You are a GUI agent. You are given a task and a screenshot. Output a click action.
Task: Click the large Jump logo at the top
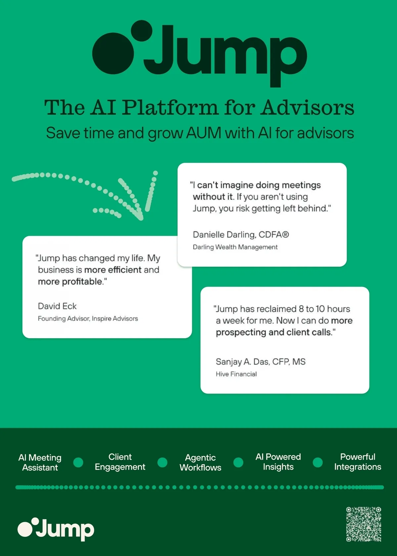(199, 53)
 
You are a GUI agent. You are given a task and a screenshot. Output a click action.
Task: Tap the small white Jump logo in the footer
(56, 529)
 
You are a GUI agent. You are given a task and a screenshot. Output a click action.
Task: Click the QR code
(364, 524)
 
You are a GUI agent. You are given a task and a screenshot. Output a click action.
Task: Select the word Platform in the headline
(170, 108)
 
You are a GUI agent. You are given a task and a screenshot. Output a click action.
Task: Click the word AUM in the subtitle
(203, 133)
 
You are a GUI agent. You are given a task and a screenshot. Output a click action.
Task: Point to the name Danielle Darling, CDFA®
(241, 235)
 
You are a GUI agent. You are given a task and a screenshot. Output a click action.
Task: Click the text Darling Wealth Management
(235, 247)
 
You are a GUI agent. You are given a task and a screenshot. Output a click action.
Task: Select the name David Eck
(57, 306)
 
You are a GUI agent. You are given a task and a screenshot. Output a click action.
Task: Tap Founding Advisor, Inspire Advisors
(88, 319)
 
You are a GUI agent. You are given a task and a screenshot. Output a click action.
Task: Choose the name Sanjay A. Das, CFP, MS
(260, 362)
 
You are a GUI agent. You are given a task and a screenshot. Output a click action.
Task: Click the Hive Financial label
(236, 374)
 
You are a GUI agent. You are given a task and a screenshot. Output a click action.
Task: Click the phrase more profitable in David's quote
(70, 282)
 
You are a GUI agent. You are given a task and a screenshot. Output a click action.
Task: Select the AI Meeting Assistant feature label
(40, 462)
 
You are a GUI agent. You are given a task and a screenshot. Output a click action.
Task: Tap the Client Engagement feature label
(120, 462)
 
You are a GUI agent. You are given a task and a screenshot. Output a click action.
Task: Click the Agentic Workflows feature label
(200, 462)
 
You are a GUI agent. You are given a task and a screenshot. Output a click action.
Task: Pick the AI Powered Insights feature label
(278, 462)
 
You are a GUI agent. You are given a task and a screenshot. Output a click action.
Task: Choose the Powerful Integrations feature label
(358, 462)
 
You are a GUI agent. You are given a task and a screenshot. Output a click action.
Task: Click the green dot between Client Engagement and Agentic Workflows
(162, 462)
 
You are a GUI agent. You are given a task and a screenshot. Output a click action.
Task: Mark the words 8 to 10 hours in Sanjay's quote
(324, 309)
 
